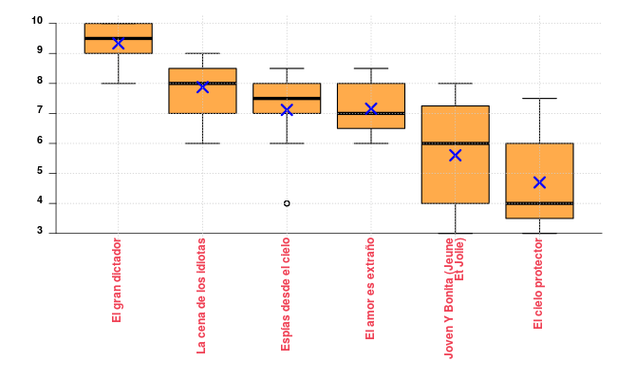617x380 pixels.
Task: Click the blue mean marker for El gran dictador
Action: click(118, 43)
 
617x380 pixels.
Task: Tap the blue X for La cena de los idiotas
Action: click(202, 86)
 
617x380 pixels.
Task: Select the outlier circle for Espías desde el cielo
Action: click(287, 203)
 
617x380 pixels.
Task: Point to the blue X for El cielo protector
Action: click(539, 182)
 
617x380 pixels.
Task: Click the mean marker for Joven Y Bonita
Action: click(455, 155)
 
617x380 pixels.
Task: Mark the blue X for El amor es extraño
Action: click(371, 109)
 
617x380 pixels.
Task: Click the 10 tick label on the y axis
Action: click(36, 22)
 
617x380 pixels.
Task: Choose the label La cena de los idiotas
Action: click(201, 294)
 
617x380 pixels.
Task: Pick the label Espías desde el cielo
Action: click(286, 294)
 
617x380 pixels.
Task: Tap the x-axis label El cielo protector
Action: click(539, 284)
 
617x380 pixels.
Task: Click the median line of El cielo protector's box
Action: click(539, 203)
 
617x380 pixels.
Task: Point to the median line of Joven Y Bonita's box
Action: click(455, 143)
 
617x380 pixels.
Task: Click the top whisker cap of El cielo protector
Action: click(539, 98)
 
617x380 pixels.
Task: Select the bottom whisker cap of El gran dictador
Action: click(118, 84)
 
